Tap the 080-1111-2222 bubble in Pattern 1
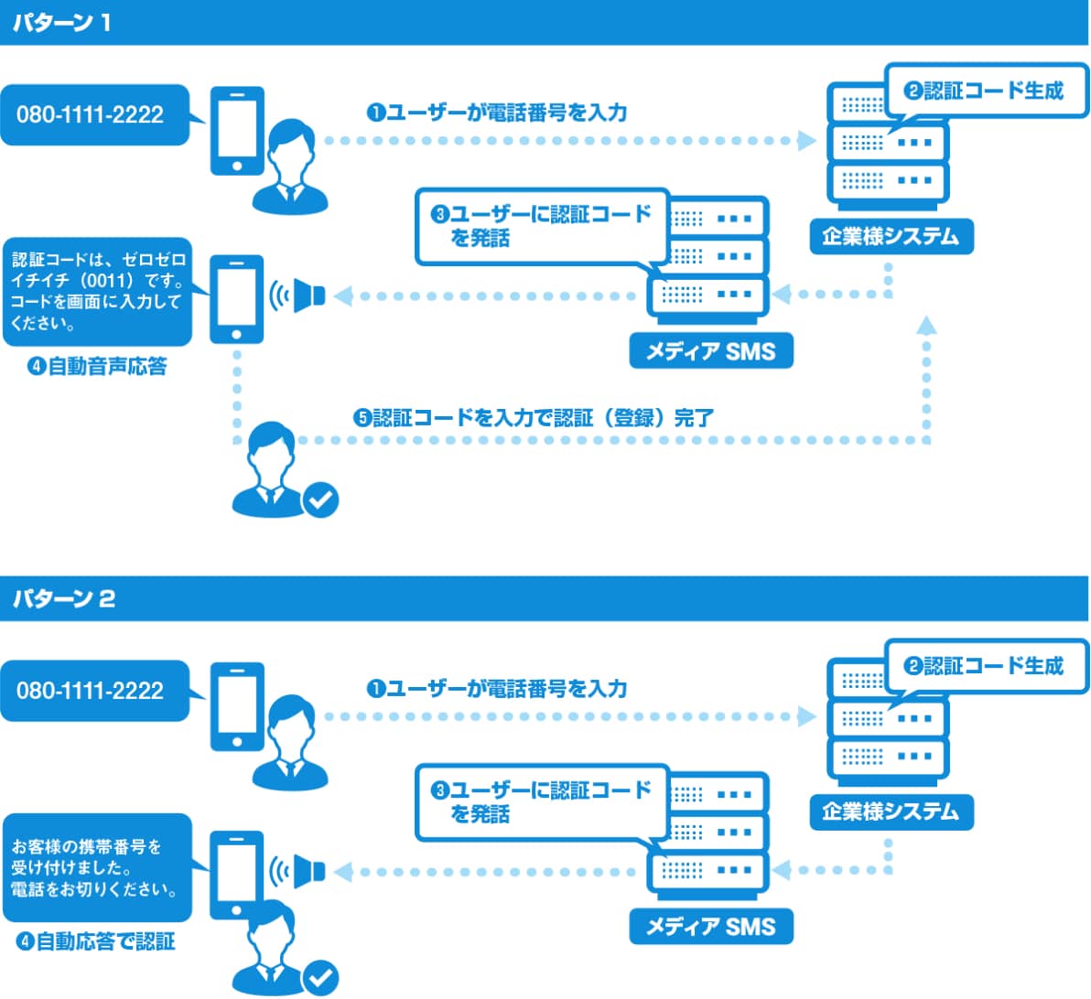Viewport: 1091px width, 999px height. pos(92,115)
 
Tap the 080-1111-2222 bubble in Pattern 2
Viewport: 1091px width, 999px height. pos(92,691)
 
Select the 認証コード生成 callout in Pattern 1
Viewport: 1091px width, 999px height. pos(985,91)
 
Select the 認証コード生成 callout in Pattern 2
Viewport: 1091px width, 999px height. pos(985,666)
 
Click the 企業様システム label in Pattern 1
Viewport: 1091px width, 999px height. pos(891,236)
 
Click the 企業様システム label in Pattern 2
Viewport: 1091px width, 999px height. pos(891,811)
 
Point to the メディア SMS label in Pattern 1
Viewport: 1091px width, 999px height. pos(710,351)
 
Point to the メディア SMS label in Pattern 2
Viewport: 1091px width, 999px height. pos(710,927)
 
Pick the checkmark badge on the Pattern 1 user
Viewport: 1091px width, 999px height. pos(321,499)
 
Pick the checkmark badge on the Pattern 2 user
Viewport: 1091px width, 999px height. pos(321,978)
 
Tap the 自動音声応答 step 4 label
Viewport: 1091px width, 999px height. pos(98,367)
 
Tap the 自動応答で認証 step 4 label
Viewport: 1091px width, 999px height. pos(97,941)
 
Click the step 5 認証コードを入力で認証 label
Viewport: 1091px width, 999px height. pos(534,418)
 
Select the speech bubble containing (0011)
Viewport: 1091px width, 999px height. pos(97,292)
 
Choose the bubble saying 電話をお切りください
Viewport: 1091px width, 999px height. pos(97,867)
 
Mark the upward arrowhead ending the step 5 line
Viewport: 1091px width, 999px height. pos(926,324)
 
